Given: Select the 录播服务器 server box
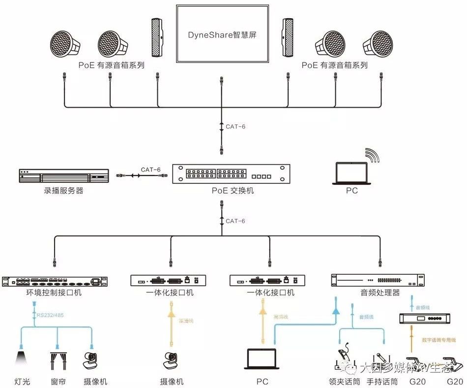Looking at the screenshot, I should pyautogui.click(x=62, y=176).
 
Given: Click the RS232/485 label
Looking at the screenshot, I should pyautogui.click(x=50, y=315).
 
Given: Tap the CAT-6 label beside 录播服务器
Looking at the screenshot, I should pyautogui.click(x=150, y=170).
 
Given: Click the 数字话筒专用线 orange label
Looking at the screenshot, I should pyautogui.click(x=439, y=340).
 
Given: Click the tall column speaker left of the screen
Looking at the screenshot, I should pyautogui.click(x=157, y=39).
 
